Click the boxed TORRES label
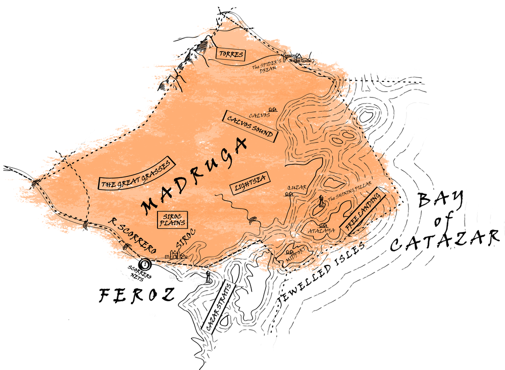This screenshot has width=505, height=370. coord(230,54)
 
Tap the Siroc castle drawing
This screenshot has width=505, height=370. coord(176,254)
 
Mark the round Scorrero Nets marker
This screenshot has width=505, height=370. coord(145,263)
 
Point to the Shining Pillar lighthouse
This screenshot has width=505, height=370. coord(321,201)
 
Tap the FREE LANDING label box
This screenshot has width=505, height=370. coord(363,211)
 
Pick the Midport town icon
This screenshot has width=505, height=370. coord(291,251)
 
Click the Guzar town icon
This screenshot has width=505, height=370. coord(290,193)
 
